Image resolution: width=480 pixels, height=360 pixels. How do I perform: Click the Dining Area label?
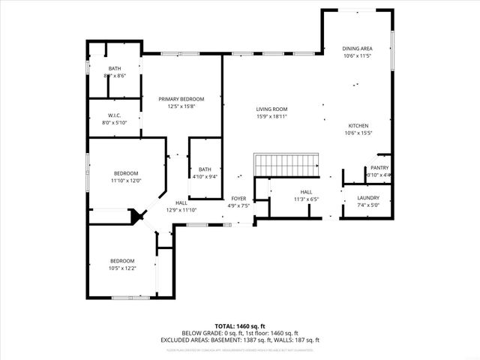click(357, 49)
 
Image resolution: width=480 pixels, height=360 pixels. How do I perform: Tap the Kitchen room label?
click(357, 125)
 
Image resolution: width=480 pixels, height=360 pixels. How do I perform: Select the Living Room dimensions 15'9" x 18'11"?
click(271, 116)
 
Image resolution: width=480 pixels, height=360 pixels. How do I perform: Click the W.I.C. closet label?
click(115, 115)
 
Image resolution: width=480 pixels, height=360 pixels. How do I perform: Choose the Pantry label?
click(379, 168)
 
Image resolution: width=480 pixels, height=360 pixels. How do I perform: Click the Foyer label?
click(238, 199)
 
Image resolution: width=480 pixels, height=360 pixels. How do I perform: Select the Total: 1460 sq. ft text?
click(239, 325)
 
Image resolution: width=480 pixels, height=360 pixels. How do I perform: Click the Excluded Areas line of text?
click(239, 340)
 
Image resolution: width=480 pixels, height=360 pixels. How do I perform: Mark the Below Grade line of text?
click(239, 333)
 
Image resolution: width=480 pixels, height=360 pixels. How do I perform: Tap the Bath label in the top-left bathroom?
click(114, 69)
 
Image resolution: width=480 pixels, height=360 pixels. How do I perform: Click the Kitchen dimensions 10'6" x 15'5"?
click(357, 133)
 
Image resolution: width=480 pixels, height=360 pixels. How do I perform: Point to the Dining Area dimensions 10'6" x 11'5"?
click(357, 56)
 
